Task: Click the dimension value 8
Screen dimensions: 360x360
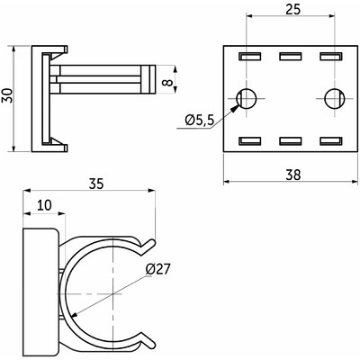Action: pos(169,82)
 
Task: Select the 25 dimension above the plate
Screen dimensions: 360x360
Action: pos(292,9)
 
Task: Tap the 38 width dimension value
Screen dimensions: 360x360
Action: pos(292,175)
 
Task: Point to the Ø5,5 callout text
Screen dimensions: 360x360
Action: pos(200,121)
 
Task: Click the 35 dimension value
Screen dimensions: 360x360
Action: pos(96,184)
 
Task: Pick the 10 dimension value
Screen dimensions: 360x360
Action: pos(44,205)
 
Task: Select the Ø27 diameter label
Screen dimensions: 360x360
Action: pos(157,269)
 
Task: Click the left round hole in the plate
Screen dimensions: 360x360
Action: pos(247,98)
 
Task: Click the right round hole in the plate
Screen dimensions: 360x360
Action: pos(334,98)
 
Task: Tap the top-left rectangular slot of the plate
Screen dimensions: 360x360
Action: pos(250,57)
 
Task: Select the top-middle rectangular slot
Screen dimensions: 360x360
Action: pos(291,57)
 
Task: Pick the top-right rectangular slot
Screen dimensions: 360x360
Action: pos(331,57)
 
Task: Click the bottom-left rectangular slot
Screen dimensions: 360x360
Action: pos(250,141)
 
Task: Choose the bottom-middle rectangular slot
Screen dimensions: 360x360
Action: pos(291,141)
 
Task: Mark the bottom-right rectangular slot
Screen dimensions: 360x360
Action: pos(331,141)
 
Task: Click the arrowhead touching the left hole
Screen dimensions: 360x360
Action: pos(235,108)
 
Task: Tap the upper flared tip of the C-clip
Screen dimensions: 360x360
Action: pos(152,242)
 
